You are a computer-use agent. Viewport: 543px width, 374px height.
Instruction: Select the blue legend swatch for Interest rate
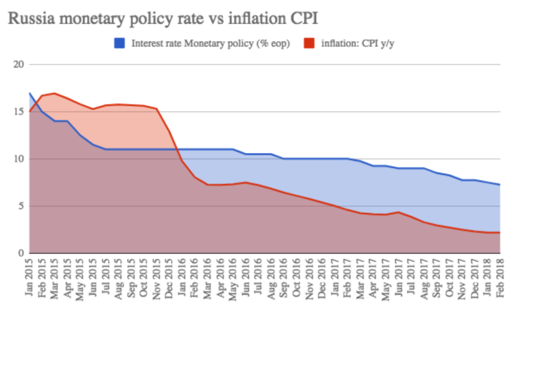(x=119, y=43)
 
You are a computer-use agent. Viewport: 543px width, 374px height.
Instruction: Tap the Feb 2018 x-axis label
(x=500, y=274)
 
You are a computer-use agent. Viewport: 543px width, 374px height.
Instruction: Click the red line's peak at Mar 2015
(x=55, y=93)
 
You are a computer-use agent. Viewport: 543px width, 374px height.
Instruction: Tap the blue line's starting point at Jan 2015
(x=30, y=93)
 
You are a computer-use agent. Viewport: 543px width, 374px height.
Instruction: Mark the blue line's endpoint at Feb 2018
(x=500, y=185)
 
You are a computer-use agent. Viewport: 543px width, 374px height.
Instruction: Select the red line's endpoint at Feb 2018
(x=500, y=233)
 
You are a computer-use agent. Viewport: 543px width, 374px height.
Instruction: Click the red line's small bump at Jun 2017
(x=398, y=212)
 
